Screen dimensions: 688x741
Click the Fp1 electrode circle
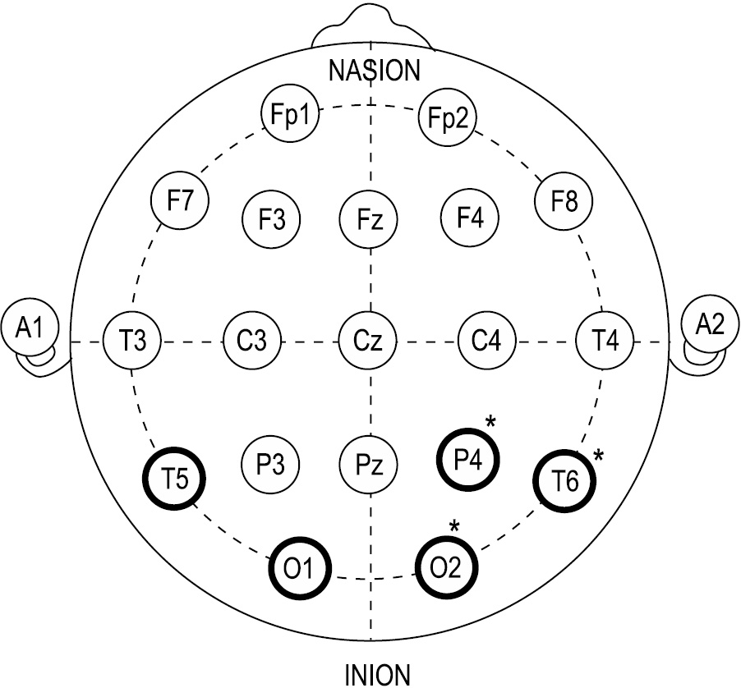coord(289,115)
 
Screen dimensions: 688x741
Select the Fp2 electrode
coord(448,117)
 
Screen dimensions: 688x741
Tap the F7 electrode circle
coord(180,200)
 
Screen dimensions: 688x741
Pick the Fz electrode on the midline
coord(368,219)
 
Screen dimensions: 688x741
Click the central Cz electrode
coord(368,340)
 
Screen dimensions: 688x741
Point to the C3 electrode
coord(253,340)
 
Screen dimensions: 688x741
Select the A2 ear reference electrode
coord(709,325)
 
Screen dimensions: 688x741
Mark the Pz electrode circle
coord(368,461)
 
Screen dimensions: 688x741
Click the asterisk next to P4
coord(490,423)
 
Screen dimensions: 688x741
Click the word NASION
coord(374,70)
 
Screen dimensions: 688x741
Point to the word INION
coord(375,675)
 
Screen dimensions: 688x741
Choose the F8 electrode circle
coord(564,201)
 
